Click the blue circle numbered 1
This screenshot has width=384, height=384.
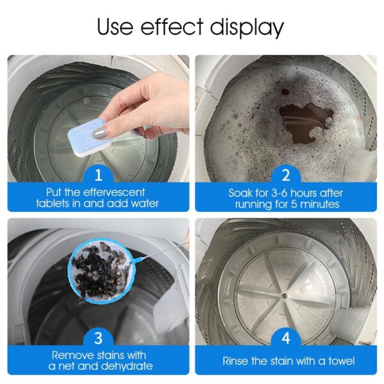[x=98, y=173]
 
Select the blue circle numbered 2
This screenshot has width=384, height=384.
[x=286, y=173]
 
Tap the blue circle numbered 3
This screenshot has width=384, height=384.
[x=98, y=337]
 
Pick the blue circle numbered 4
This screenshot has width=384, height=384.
[x=286, y=337]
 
